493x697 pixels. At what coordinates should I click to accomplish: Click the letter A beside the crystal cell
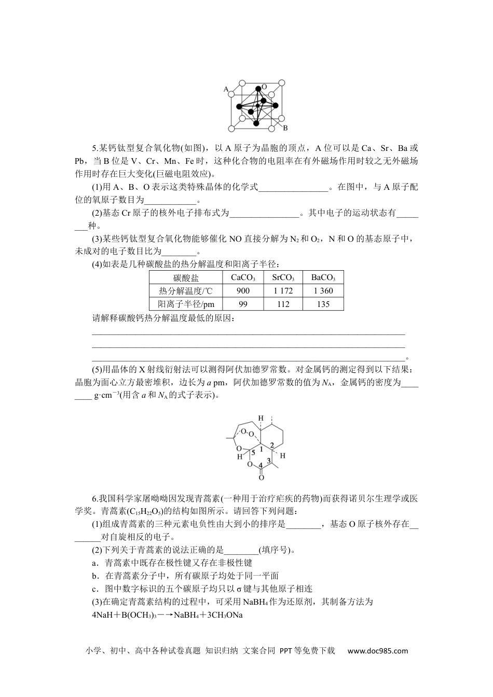click(x=226, y=89)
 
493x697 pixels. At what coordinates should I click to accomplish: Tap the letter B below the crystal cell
click(x=285, y=128)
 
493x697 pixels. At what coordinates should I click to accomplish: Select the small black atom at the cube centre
click(x=258, y=105)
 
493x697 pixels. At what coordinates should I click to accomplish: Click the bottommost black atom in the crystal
click(x=256, y=123)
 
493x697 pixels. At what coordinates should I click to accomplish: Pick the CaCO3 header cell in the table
click(x=243, y=277)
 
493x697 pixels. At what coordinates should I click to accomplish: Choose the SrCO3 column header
click(x=283, y=277)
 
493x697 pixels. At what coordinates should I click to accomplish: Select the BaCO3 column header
click(x=323, y=277)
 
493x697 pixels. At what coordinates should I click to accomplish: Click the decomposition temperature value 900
click(x=243, y=291)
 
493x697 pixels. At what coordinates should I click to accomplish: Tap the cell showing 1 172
click(x=283, y=291)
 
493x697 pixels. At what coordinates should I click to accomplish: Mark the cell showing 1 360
click(x=323, y=291)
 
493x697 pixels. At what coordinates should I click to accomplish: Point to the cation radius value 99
click(x=243, y=304)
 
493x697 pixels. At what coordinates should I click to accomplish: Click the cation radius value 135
click(x=323, y=304)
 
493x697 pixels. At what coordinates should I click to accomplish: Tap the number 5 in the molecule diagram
click(x=253, y=452)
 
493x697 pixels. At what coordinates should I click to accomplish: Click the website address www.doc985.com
click(x=377, y=651)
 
